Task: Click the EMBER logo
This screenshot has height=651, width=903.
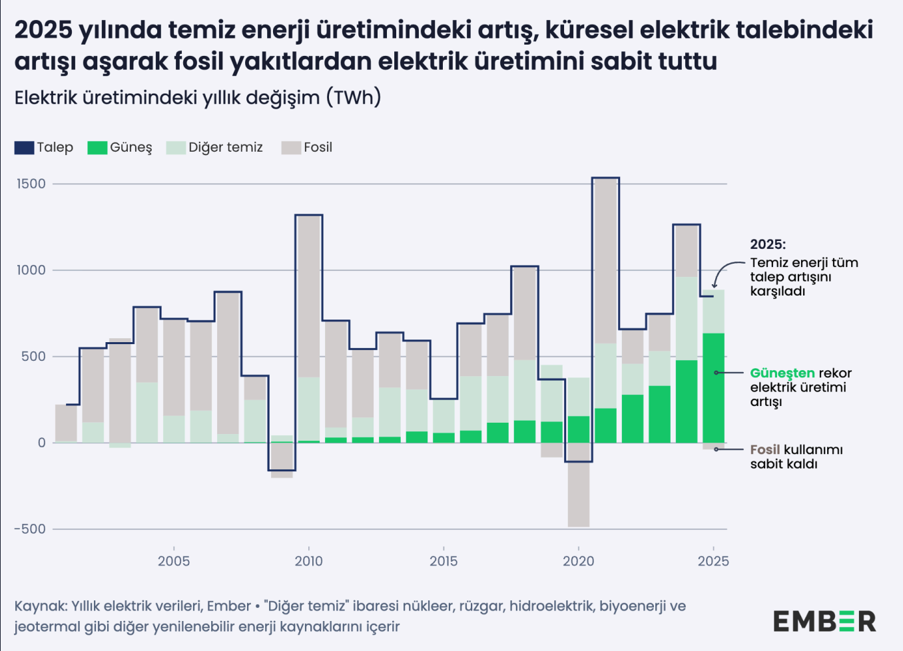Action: [x=824, y=621]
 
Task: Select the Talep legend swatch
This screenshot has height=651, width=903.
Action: [x=24, y=148]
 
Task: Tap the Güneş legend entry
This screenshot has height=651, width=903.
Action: [x=120, y=148]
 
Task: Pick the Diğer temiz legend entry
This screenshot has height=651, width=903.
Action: [x=214, y=148]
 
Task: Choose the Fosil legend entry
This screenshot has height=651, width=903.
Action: [x=307, y=148]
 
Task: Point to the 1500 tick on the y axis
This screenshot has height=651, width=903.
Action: [x=31, y=184]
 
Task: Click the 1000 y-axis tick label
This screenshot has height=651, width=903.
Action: [x=31, y=270]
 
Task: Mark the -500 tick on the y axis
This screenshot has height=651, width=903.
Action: [x=30, y=529]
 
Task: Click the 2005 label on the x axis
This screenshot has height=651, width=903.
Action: [x=174, y=561]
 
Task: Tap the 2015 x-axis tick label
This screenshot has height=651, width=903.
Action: [x=444, y=561]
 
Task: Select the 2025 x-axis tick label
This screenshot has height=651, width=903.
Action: [x=713, y=561]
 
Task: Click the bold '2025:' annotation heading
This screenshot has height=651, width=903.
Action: [x=768, y=244]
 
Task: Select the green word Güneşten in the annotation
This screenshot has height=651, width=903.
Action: [x=782, y=373]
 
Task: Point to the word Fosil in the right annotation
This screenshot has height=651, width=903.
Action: [x=764, y=450]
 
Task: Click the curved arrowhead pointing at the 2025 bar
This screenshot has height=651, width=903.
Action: [x=715, y=285]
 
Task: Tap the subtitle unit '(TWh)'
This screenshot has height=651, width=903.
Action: [x=353, y=98]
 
